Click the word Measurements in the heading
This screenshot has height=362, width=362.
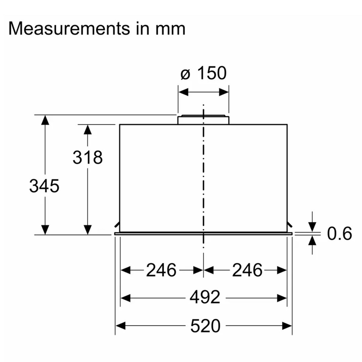69,29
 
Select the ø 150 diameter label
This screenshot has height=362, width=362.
203,73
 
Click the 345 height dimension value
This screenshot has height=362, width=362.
44,186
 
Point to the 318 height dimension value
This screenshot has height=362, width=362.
88,157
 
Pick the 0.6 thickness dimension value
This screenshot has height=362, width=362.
340,234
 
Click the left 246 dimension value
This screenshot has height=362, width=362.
161,270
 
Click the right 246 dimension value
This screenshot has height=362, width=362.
247,270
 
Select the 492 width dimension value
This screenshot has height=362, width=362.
205,298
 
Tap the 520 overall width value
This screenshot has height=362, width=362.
205,326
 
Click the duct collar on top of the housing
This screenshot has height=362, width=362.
203,119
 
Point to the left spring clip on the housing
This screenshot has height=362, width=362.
117,224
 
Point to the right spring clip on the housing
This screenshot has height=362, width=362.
290,224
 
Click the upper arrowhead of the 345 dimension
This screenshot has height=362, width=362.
45,120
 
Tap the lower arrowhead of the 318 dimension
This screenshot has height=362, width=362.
88,230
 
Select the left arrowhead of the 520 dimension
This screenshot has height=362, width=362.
120,326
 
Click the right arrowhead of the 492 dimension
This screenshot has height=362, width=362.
282,298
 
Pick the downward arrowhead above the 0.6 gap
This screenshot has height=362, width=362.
312,227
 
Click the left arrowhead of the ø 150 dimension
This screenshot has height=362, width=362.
184,92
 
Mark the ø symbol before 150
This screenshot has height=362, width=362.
186,74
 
